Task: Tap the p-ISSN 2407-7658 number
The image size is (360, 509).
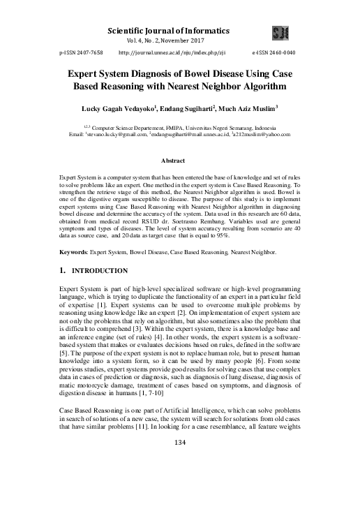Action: point(82,52)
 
